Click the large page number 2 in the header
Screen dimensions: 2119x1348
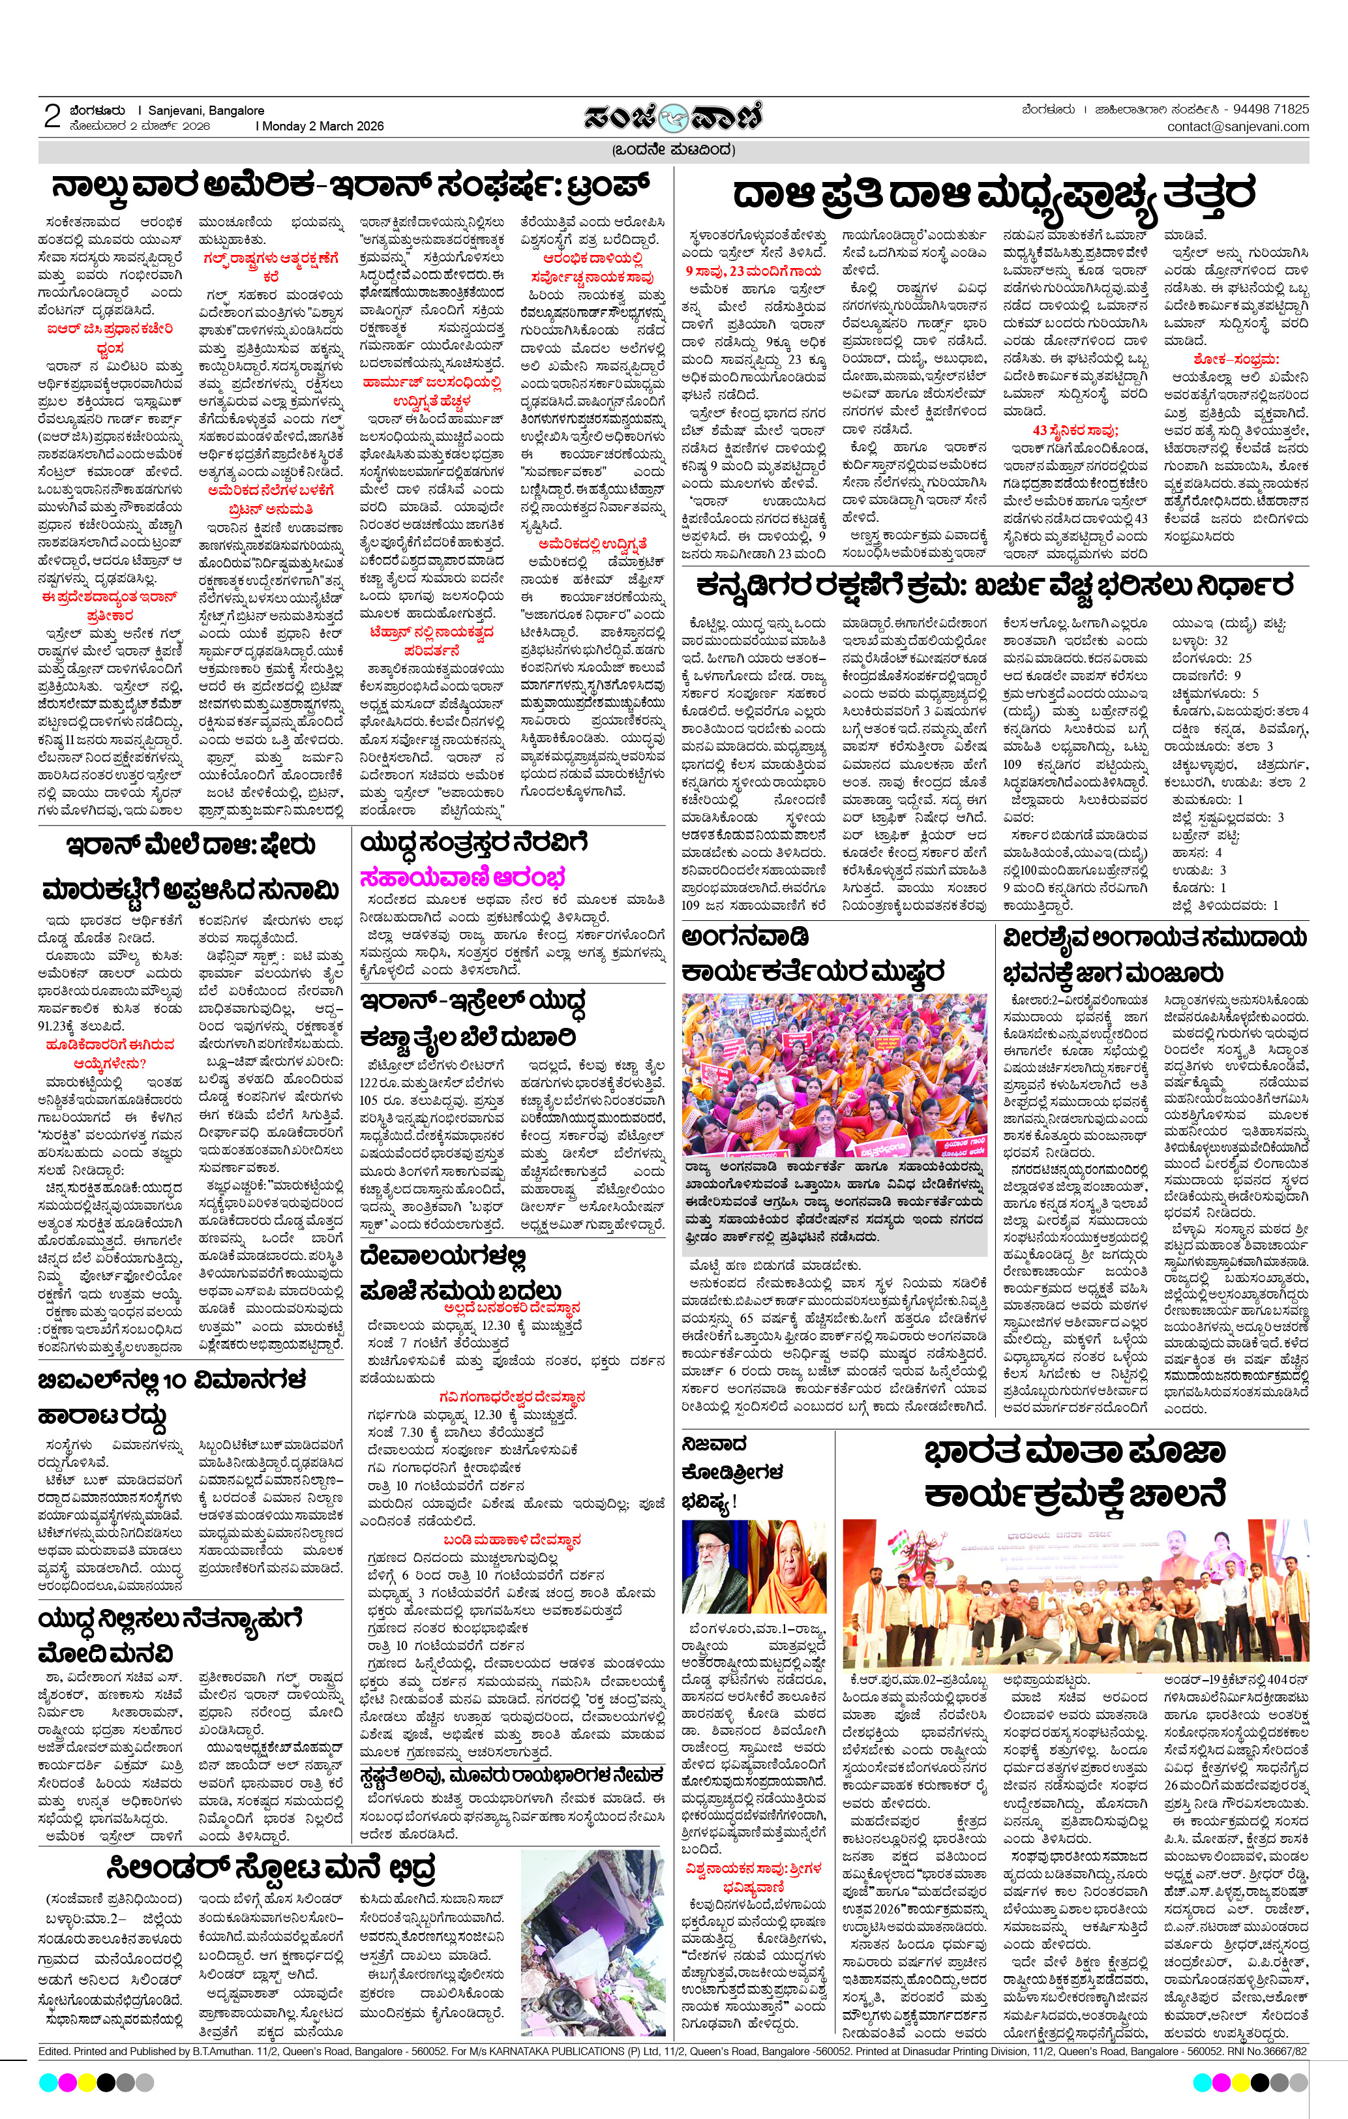point(52,116)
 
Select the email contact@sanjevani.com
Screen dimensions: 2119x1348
point(1237,127)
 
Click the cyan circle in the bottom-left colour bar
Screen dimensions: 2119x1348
point(48,2082)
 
